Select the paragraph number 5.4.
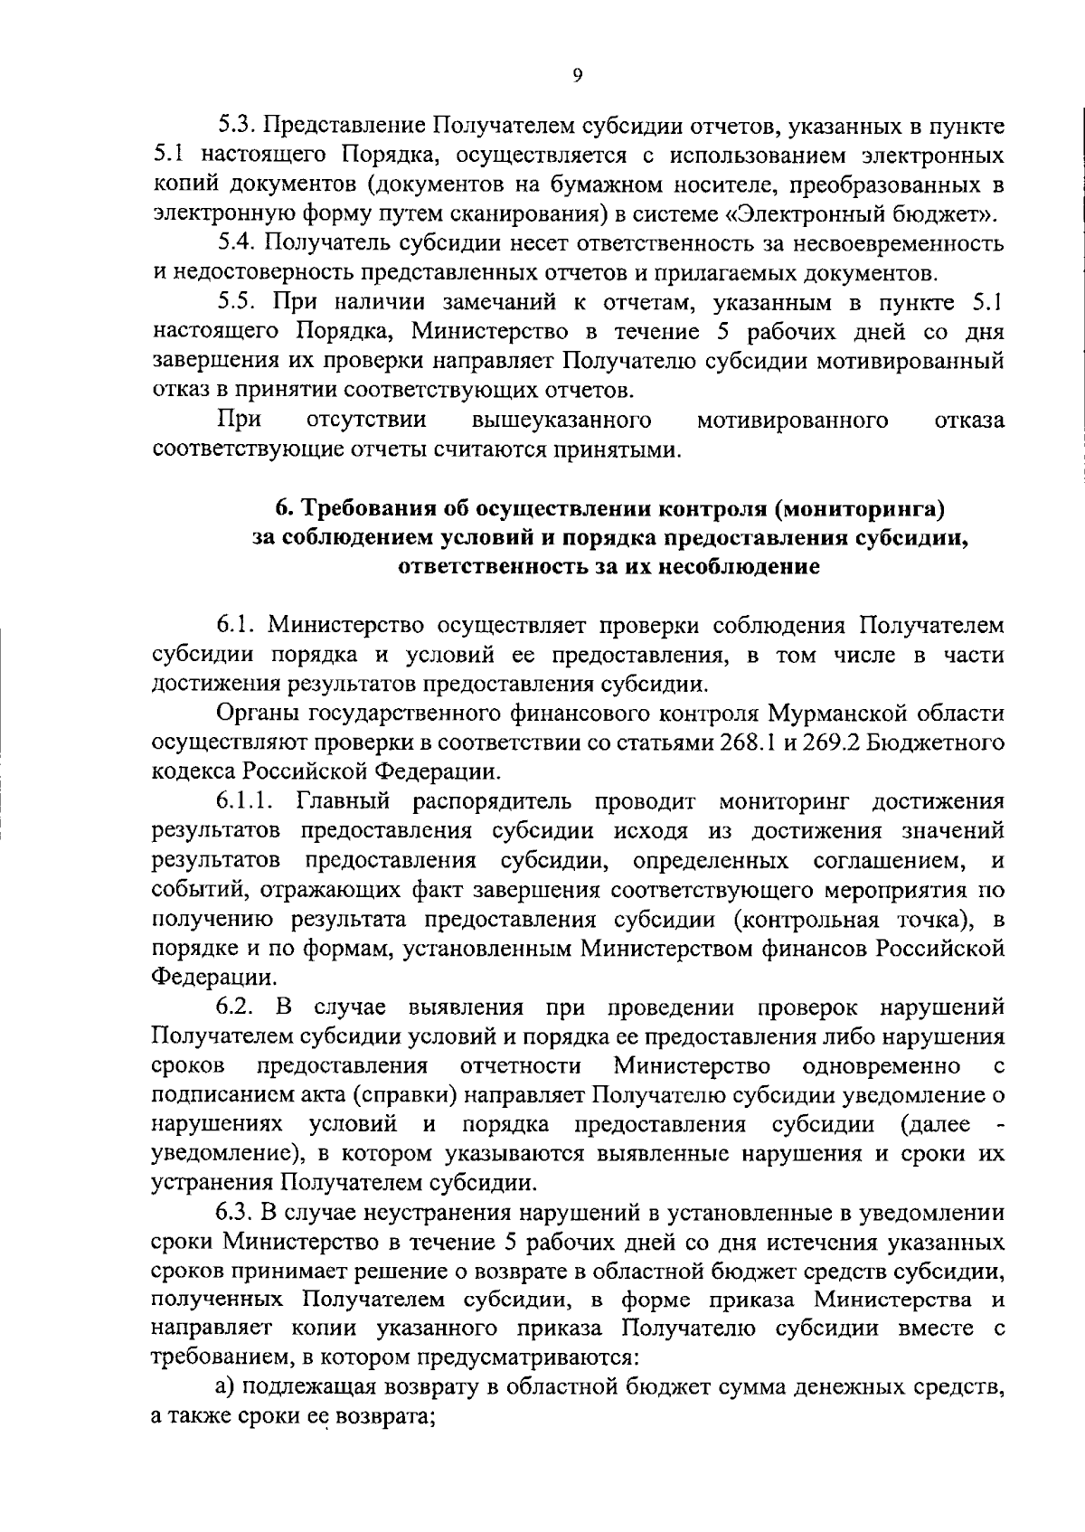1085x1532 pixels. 238,244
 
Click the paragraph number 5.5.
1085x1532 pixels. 238,303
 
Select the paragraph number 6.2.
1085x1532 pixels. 237,1007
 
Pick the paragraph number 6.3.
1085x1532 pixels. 237,1213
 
